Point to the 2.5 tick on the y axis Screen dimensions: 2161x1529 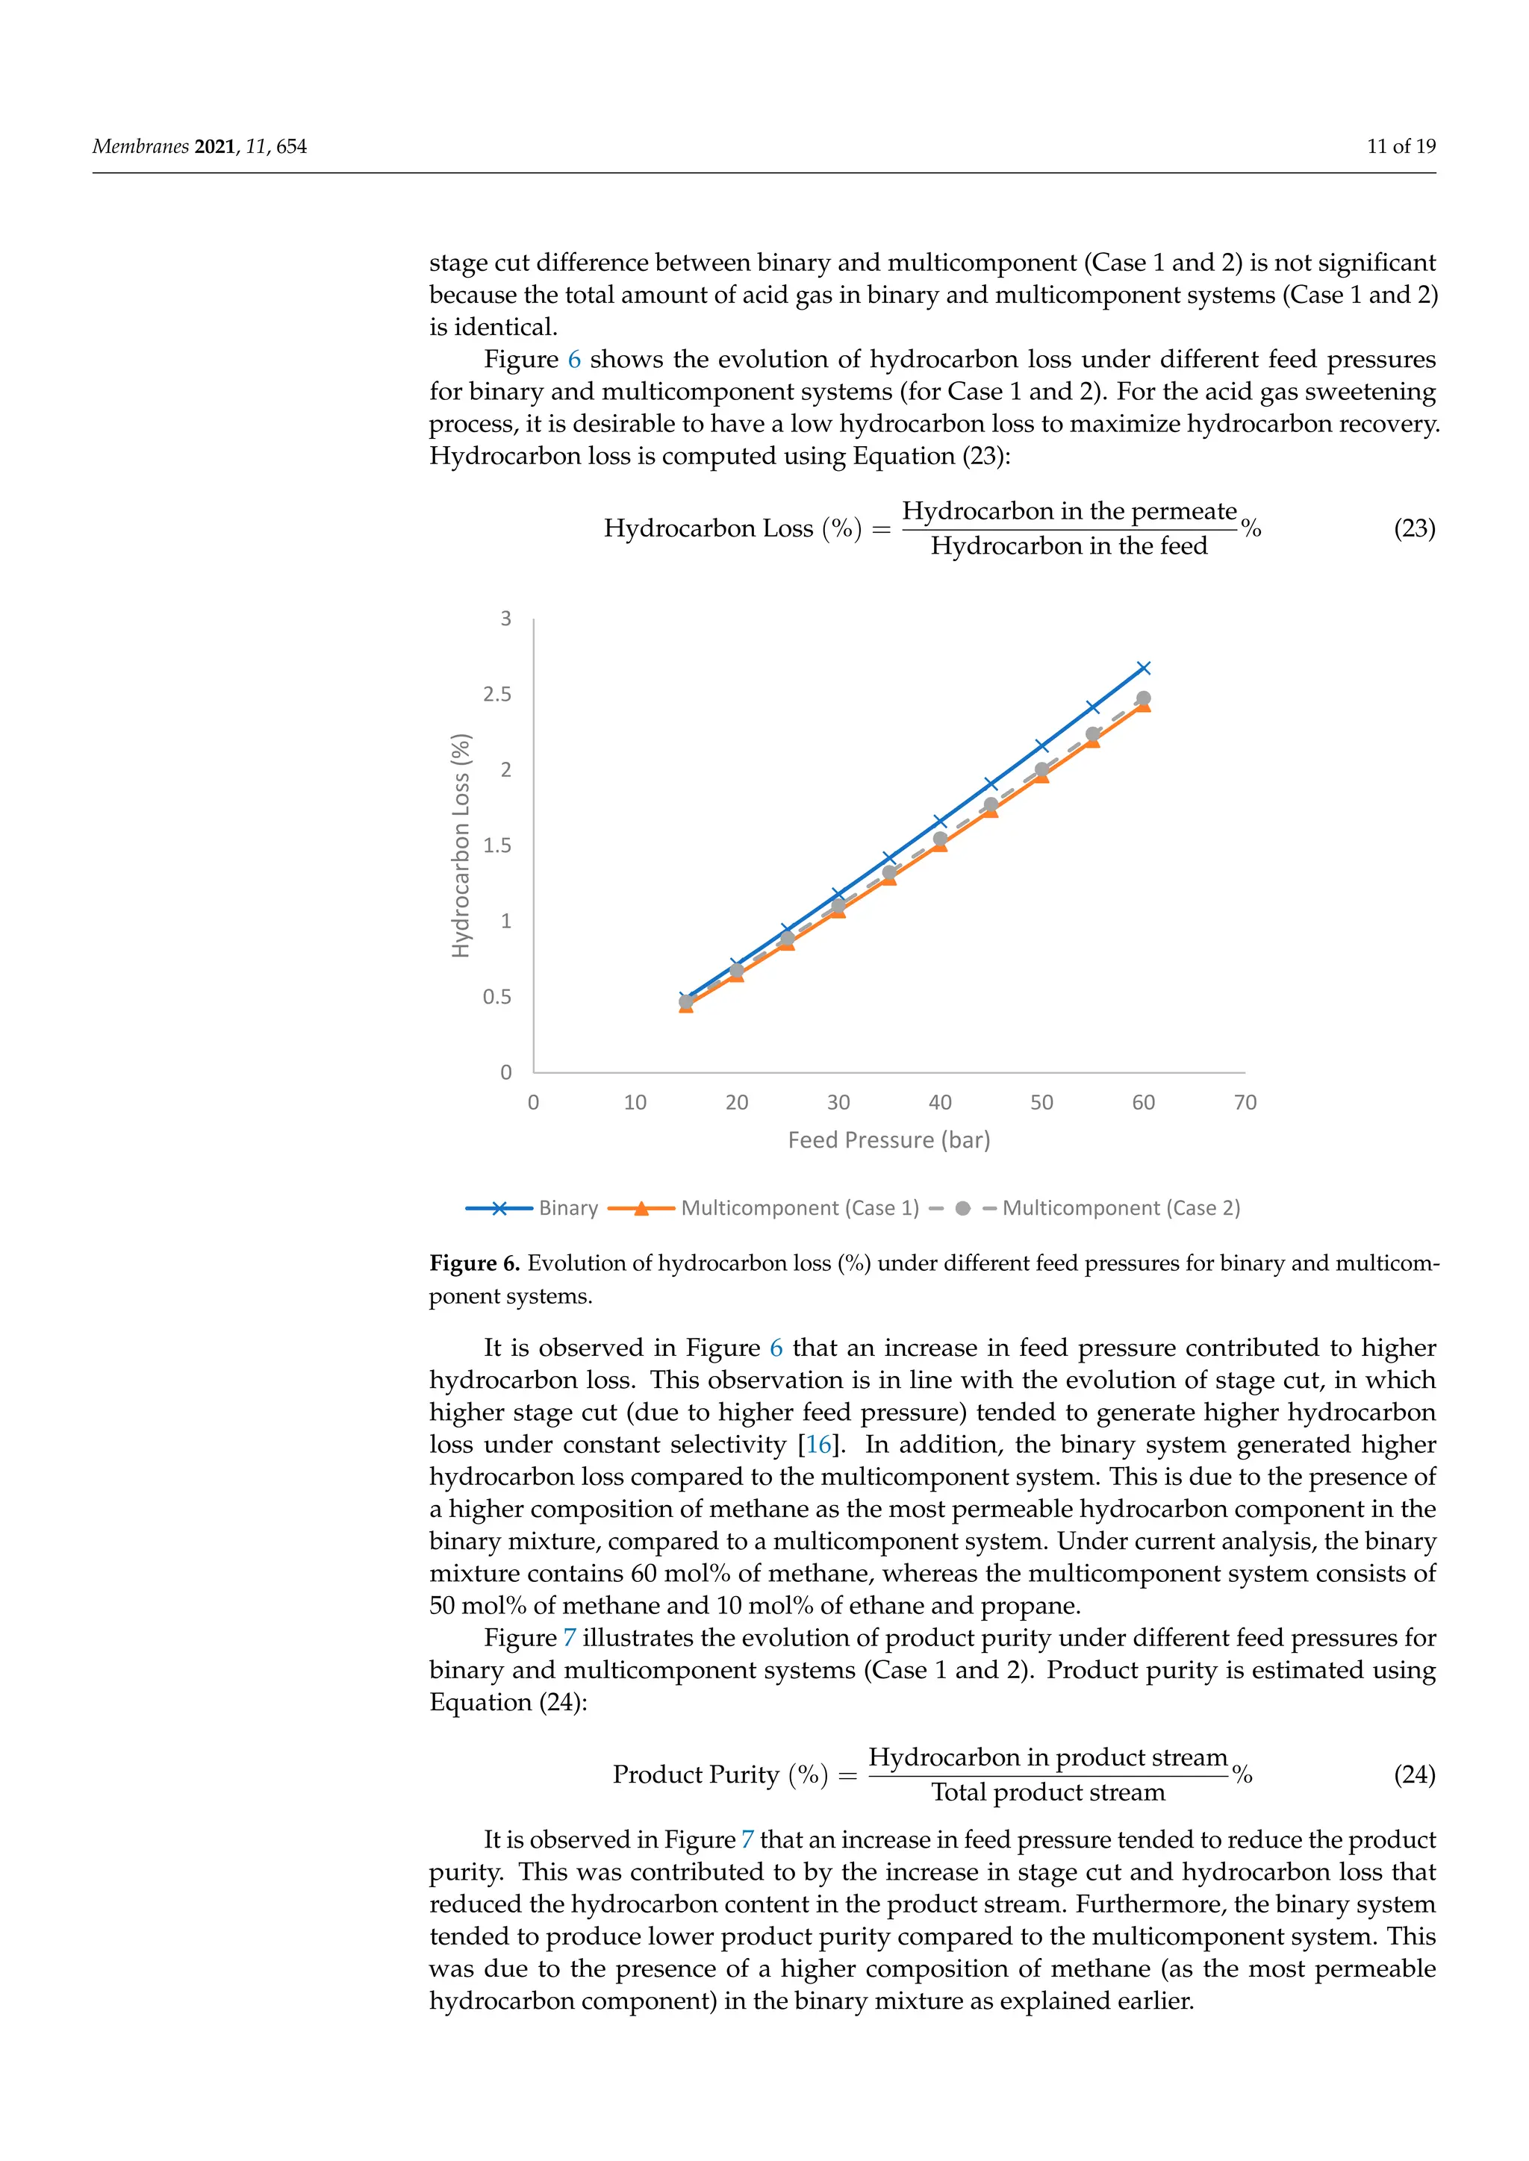tap(497, 695)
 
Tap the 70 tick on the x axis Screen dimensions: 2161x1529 tap(1245, 1102)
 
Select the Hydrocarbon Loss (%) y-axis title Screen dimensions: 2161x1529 tap(461, 845)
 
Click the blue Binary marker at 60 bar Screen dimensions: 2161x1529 tap(1144, 669)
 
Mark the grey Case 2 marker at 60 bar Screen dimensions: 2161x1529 tap(1144, 698)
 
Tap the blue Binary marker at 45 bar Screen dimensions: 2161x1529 tap(991, 784)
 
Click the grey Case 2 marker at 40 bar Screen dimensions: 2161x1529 tap(940, 839)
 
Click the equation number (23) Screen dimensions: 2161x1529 tap(1414, 528)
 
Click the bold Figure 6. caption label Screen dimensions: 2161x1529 tap(475, 1263)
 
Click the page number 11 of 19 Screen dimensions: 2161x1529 tap(1401, 146)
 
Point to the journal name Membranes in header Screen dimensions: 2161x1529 tap(140, 146)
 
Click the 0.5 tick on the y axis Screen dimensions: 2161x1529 tap(497, 997)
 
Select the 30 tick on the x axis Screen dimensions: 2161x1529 tap(838, 1102)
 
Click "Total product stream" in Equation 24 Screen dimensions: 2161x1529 tap(1048, 1792)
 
